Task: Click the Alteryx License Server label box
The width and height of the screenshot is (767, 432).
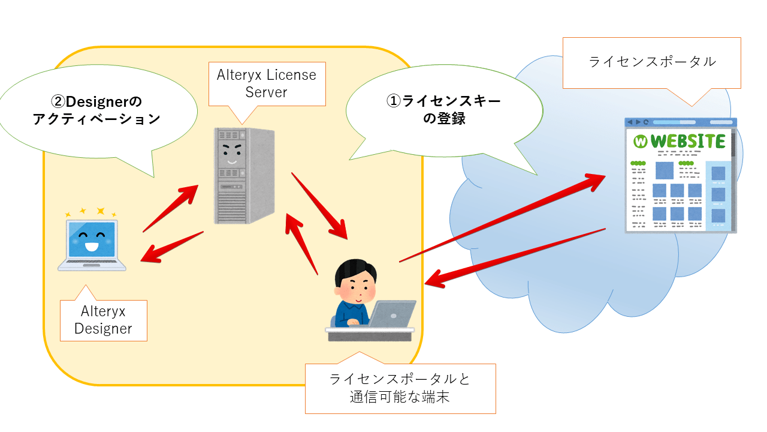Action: coord(267,84)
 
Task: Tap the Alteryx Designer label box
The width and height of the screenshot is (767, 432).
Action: coord(103,320)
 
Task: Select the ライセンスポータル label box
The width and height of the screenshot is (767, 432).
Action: coord(652,62)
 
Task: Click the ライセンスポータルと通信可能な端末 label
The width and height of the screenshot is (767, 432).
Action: coord(400,388)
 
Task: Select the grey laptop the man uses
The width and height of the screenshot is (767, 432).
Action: coord(392,314)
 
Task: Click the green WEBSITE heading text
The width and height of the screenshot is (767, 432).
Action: coord(688,142)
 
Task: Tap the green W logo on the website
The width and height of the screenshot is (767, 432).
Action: coord(641,142)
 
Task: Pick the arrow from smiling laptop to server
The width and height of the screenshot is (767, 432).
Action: coord(170,208)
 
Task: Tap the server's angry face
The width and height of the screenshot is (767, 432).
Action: coord(231,153)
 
